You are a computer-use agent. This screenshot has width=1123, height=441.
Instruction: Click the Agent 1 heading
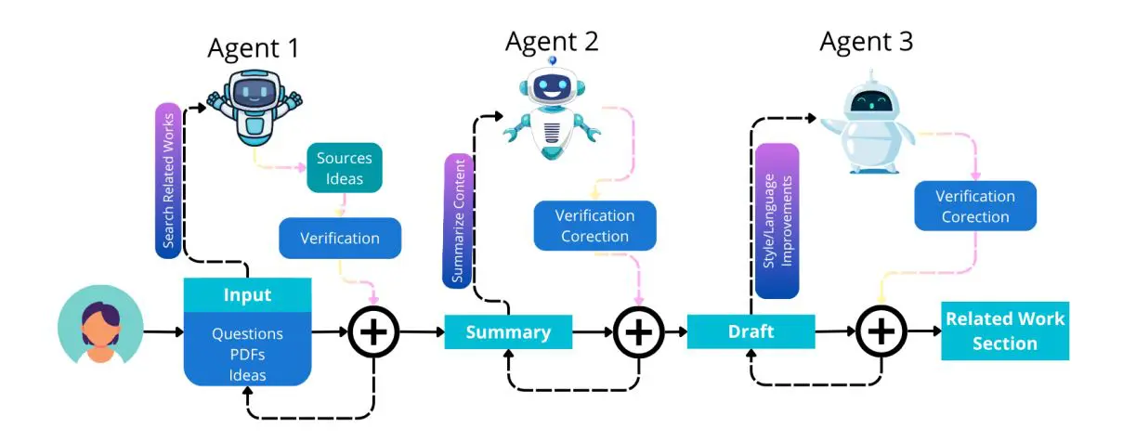(253, 48)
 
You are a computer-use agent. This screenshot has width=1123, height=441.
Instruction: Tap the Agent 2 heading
(552, 41)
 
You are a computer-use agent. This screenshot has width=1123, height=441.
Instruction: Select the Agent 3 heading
(866, 41)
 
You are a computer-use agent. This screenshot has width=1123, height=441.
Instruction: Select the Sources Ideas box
(345, 168)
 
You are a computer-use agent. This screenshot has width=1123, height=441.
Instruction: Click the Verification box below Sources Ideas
(340, 239)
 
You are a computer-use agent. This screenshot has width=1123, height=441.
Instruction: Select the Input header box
(247, 295)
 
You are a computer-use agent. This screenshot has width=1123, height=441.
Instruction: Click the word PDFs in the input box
(247, 354)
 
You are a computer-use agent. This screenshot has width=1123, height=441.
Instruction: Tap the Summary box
(508, 332)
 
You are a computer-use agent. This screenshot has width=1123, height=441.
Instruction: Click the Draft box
(751, 331)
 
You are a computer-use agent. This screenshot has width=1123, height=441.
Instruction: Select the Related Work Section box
(1004, 331)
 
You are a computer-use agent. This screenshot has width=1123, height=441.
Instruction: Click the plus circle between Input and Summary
(373, 331)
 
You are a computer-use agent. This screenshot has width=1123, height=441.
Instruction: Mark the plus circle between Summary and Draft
(638, 331)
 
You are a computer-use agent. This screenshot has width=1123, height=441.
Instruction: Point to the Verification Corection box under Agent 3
(974, 206)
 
